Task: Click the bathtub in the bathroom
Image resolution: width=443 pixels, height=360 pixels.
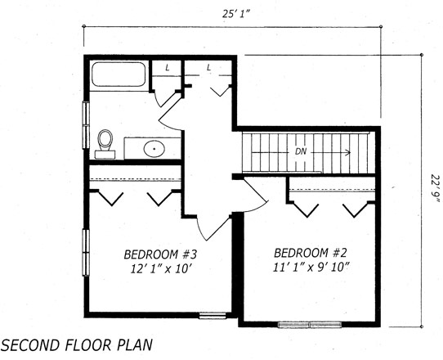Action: [119, 74]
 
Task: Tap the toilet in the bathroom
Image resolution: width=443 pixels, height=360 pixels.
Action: [105, 144]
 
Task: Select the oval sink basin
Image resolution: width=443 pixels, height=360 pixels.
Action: [154, 148]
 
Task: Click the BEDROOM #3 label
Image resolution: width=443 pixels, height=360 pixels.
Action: [160, 254]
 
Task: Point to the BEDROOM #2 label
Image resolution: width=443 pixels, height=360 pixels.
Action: [311, 253]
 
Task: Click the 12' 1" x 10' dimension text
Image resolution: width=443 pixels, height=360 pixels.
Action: [163, 269]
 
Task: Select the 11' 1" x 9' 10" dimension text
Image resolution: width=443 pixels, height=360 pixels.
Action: [311, 268]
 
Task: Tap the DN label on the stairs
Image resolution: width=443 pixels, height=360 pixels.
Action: [301, 151]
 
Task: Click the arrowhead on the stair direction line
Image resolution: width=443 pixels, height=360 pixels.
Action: [349, 152]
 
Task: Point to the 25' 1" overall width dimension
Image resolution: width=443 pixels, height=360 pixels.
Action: [237, 14]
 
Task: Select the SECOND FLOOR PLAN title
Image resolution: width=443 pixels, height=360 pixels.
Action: [77, 345]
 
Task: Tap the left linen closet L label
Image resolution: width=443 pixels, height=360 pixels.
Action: [168, 68]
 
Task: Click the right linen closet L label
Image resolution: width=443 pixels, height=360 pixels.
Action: [208, 68]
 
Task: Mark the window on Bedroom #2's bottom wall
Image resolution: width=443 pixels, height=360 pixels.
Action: [310, 324]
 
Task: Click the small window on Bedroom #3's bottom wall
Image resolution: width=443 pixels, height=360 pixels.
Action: [213, 315]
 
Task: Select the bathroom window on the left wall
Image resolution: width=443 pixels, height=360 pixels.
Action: [86, 124]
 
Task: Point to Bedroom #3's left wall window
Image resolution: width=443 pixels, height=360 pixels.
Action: [86, 253]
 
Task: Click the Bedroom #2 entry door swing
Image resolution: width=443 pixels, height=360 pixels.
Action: [255, 195]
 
